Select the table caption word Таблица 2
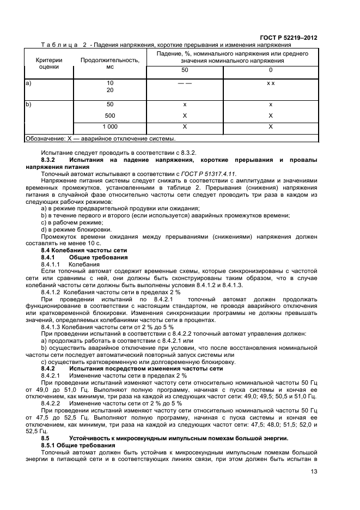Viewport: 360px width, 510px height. [63, 45]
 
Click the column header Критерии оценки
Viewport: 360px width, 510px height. [49, 64]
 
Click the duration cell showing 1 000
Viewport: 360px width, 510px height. [110, 126]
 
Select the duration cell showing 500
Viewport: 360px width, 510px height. [110, 116]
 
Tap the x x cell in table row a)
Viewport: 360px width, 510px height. [270, 83]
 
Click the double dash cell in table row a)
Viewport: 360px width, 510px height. [185, 83]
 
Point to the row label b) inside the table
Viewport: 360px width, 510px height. [28, 104]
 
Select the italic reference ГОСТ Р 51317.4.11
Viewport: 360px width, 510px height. [209, 173]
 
